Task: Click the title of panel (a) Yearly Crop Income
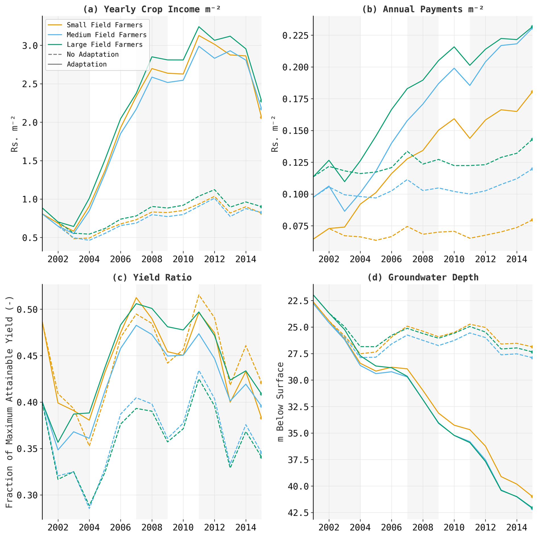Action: (152, 9)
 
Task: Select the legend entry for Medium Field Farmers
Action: (106, 35)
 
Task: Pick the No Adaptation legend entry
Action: (92, 54)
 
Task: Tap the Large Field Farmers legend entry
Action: (104, 45)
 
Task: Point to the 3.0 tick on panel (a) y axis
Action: (30, 45)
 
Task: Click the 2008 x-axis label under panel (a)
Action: (152, 259)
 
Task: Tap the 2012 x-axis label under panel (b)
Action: (485, 259)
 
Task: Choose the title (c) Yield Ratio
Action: (152, 277)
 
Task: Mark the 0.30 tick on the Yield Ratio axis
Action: (27, 495)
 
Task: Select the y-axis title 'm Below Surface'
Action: (280, 402)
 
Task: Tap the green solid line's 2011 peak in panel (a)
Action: (199, 27)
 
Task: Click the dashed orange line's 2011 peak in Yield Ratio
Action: (199, 295)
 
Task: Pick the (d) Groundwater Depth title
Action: (423, 277)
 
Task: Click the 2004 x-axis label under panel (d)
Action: (360, 527)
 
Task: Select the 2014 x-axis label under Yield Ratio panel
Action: (246, 527)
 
